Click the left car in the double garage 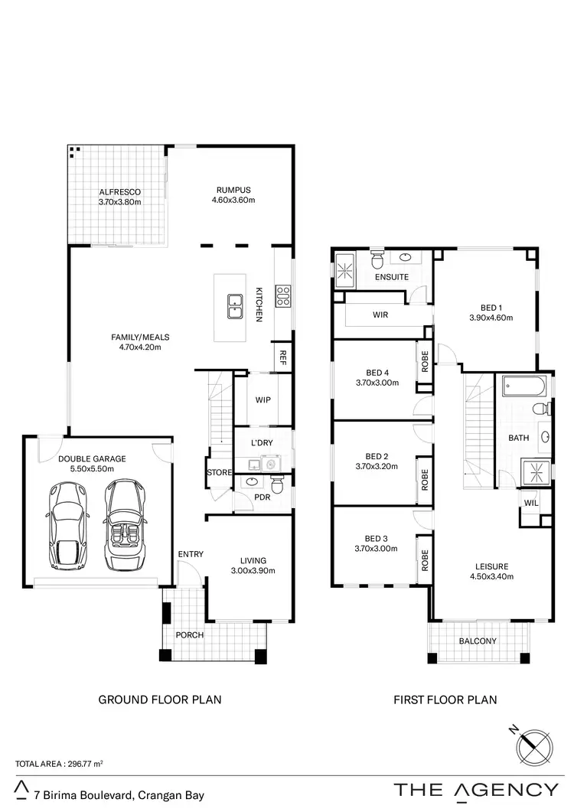pyautogui.click(x=70, y=527)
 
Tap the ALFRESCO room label pyautogui.click(x=120, y=192)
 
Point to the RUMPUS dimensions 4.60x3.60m pyautogui.click(x=233, y=201)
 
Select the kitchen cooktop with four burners pyautogui.click(x=282, y=296)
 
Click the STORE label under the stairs pyautogui.click(x=219, y=473)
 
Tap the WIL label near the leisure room pyautogui.click(x=530, y=504)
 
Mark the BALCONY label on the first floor pyautogui.click(x=478, y=641)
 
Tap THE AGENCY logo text pyautogui.click(x=476, y=790)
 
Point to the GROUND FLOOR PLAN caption pyautogui.click(x=160, y=699)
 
